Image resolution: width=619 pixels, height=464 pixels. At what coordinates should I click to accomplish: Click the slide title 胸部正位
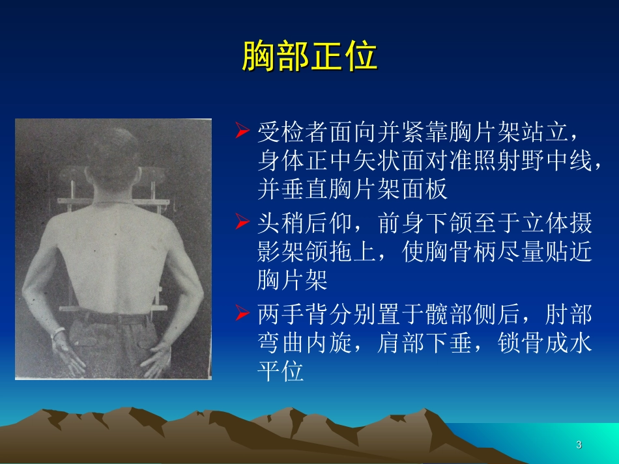coord(309,56)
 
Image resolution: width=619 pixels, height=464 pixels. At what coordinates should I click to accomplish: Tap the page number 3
coord(579,445)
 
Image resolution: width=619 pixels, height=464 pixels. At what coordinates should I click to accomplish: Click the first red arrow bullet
coord(242,133)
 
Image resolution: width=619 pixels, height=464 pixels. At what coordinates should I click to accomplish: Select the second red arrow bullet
coord(242,224)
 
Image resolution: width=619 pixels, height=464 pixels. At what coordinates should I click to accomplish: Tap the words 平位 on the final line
coord(281,372)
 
